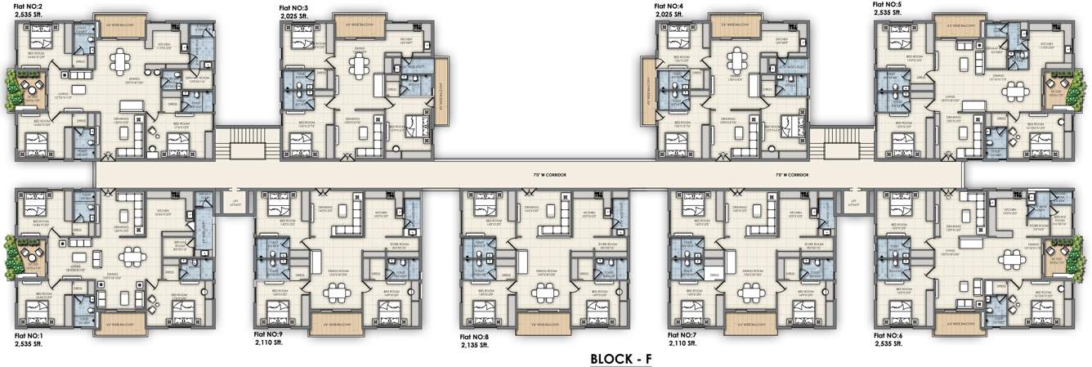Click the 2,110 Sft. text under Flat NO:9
(269, 343)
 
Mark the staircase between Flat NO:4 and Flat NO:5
(839, 144)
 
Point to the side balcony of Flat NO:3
(443, 89)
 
